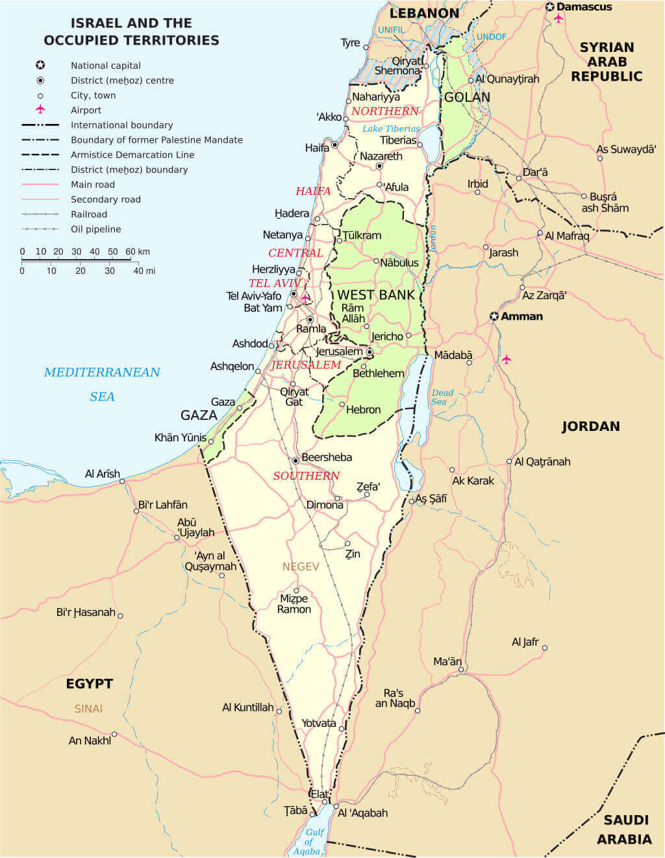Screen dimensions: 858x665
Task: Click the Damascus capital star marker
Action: [550, 7]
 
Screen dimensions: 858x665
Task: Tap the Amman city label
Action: [521, 317]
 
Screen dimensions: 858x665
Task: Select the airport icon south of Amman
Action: [507, 359]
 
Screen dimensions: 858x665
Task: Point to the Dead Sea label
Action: [442, 397]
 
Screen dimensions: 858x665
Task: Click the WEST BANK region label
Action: [375, 295]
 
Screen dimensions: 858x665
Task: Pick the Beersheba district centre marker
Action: [295, 460]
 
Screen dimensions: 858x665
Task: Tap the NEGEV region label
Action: [301, 567]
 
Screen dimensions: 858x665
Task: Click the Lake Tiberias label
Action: [391, 129]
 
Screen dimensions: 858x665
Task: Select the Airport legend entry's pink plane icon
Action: [40, 109]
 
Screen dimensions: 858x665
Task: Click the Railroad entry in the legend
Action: [89, 214]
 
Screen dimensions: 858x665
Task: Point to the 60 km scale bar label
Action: [137, 252]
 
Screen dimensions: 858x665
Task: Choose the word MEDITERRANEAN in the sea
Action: [102, 372]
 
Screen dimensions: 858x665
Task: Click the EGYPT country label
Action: [90, 683]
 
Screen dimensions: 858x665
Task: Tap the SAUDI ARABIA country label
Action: [623, 829]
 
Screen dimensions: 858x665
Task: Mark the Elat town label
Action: [320, 794]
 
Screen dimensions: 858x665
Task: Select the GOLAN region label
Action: [467, 97]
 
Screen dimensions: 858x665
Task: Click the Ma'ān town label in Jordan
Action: [447, 661]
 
